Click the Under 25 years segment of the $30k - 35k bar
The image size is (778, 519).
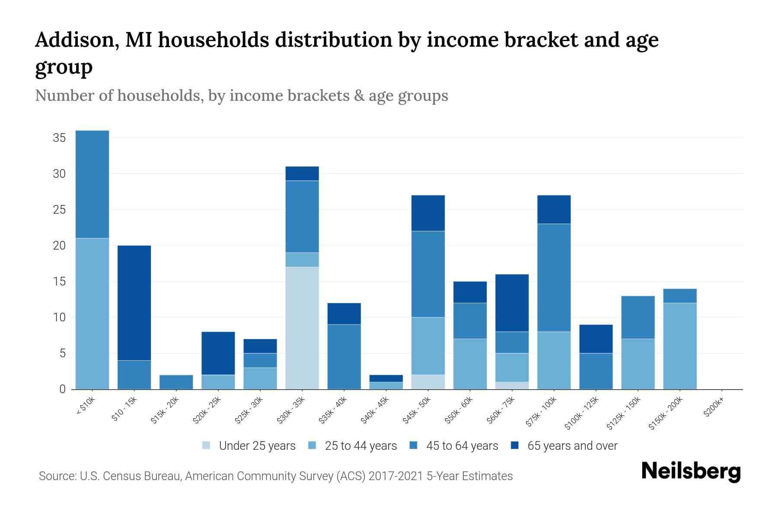pyautogui.click(x=302, y=328)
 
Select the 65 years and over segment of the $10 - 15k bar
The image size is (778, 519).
pyautogui.click(x=134, y=303)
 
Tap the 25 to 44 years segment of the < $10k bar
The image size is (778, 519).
pyautogui.click(x=92, y=314)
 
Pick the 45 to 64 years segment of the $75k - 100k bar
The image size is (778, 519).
pyautogui.click(x=554, y=278)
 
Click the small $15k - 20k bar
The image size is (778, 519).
pyautogui.click(x=176, y=382)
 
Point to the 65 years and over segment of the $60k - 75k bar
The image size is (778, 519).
pyautogui.click(x=512, y=303)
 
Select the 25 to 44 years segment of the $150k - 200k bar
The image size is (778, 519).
pyautogui.click(x=679, y=346)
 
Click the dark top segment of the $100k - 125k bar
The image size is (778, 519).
pyautogui.click(x=596, y=339)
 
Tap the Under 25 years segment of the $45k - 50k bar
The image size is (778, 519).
pyautogui.click(x=428, y=382)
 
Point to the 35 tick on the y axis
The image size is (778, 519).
pyautogui.click(x=59, y=138)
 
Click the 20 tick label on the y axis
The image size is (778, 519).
pyautogui.click(x=59, y=246)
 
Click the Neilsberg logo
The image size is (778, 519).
pyautogui.click(x=691, y=471)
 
